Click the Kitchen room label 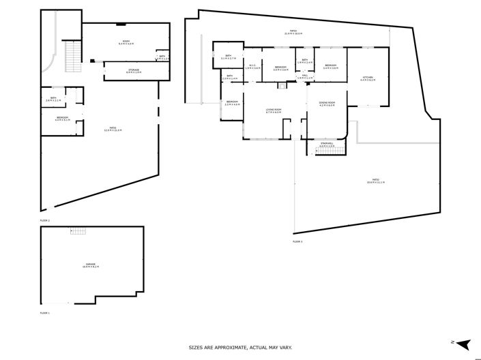point(367,78)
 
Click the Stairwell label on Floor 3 point(326,144)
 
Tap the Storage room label point(134,70)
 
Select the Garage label point(91,265)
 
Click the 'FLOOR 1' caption point(45,312)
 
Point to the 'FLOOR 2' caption point(45,221)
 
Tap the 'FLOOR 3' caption point(297,241)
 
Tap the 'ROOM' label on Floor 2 point(126,42)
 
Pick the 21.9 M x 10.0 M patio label point(293,32)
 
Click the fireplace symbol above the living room point(280,85)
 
